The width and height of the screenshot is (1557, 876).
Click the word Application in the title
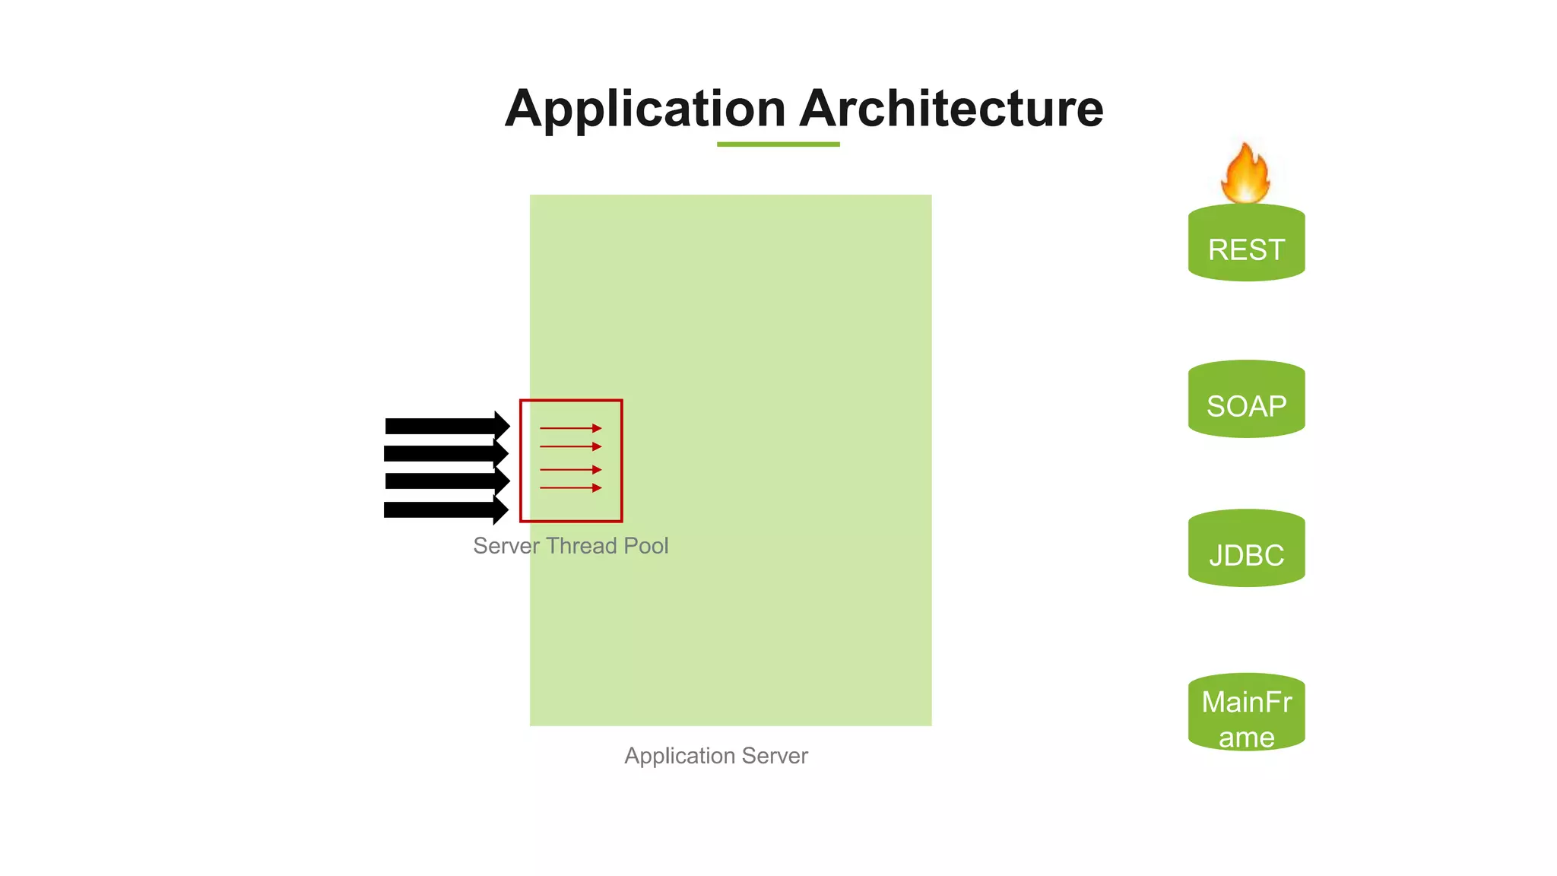click(x=645, y=109)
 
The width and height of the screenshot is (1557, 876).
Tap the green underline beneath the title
click(x=778, y=144)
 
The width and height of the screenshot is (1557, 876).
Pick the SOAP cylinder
click(x=1246, y=401)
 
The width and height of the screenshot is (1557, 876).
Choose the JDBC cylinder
click(x=1246, y=550)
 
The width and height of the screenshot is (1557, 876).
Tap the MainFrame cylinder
click(x=1246, y=714)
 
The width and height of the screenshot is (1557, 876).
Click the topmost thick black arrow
click(x=445, y=426)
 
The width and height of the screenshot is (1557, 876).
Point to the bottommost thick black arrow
click(x=445, y=509)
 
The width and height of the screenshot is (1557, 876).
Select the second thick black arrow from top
click(x=445, y=454)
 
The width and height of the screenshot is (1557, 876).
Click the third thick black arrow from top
click(x=445, y=481)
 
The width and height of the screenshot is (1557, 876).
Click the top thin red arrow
click(x=570, y=428)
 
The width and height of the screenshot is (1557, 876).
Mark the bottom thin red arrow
click(x=570, y=487)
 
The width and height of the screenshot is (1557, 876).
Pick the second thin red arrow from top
click(x=570, y=446)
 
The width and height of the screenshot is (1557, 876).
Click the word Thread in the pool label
click(x=581, y=546)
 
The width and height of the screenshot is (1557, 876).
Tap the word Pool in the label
click(x=645, y=546)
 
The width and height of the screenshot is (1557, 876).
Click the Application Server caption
click(x=715, y=756)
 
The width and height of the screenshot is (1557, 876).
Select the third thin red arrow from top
click(x=570, y=470)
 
